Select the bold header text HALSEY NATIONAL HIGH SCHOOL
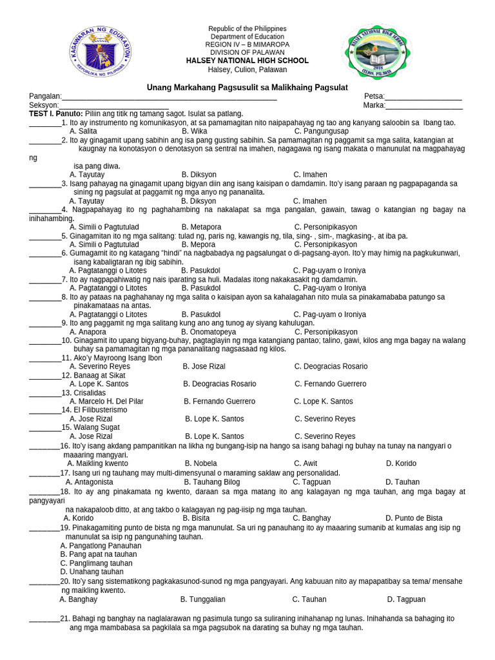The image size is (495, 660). pyautogui.click(x=247, y=61)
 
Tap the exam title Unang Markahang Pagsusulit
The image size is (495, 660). pyautogui.click(x=247, y=87)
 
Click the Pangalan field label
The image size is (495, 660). pyautogui.click(x=45, y=97)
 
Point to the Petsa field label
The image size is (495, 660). pyautogui.click(x=374, y=97)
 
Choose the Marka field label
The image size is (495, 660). pyautogui.click(x=374, y=105)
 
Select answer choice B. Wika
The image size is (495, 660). pyautogui.click(x=194, y=131)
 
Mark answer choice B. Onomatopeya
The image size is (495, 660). pyautogui.click(x=209, y=332)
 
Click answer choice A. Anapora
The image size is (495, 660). pyautogui.click(x=88, y=332)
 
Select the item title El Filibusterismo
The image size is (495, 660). pyautogui.click(x=90, y=410)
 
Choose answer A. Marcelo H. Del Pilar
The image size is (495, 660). pyautogui.click(x=106, y=402)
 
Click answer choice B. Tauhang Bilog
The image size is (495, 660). pyautogui.click(x=211, y=482)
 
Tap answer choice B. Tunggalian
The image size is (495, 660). pyautogui.click(x=202, y=599)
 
